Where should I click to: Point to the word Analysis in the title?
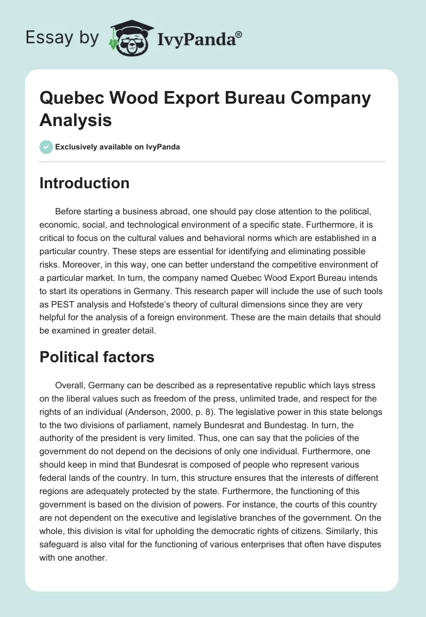click(76, 120)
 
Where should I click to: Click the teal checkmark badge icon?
click(46, 147)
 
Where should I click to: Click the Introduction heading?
click(85, 183)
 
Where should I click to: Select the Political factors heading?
click(97, 357)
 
